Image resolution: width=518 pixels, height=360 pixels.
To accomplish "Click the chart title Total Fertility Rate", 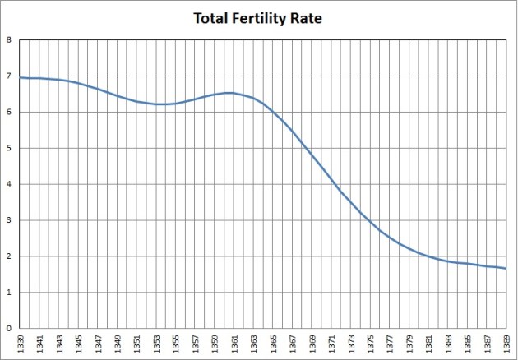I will [x=258, y=17].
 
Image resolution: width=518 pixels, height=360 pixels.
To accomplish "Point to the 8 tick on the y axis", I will [x=9, y=39].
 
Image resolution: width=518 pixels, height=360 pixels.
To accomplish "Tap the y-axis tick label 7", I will [x=9, y=76].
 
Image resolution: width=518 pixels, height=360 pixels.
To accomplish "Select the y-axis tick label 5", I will [x=9, y=149].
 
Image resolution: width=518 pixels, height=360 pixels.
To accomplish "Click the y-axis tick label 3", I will [x=9, y=220].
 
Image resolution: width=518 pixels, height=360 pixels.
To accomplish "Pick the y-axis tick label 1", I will [x=9, y=293].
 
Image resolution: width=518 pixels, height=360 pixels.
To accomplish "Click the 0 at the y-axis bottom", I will [x=9, y=329].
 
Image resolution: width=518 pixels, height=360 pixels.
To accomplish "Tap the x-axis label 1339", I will [x=20, y=343].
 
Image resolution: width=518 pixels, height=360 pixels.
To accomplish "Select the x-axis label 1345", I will [x=78, y=343].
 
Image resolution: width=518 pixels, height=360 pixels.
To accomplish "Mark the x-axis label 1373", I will [x=351, y=343].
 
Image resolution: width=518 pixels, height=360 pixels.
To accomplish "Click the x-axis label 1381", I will [x=429, y=343].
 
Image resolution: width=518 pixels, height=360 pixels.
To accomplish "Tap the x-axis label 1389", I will [x=506, y=343].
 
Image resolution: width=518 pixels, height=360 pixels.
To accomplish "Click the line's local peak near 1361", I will [x=230, y=93].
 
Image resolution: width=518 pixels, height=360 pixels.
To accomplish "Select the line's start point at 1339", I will [x=20, y=78].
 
